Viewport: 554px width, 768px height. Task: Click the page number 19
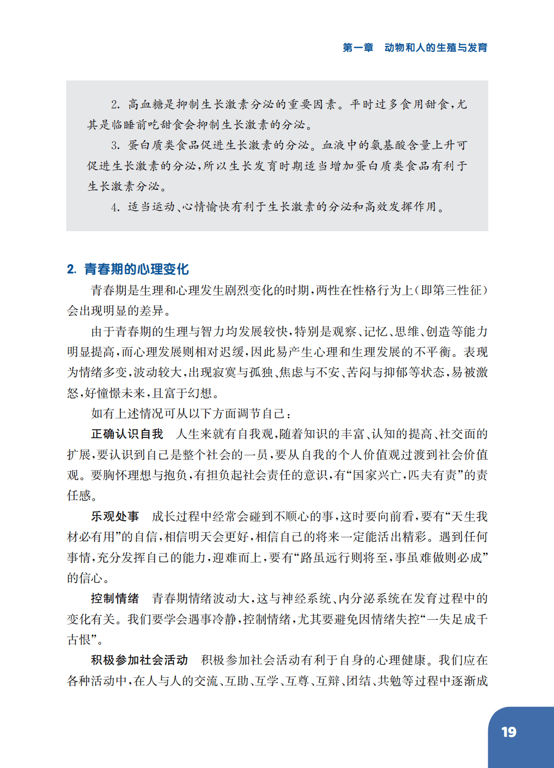click(509, 732)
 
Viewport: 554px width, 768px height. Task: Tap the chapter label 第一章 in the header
click(358, 47)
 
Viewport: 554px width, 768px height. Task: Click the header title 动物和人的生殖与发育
click(436, 47)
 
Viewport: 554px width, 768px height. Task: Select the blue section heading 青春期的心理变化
click(136, 269)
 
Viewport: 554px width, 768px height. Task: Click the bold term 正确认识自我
click(127, 434)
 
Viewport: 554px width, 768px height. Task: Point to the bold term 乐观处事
click(115, 516)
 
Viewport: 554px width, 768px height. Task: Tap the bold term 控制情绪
click(115, 598)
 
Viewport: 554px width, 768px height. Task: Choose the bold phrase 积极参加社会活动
click(140, 660)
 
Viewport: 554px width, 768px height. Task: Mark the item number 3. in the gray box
click(116, 146)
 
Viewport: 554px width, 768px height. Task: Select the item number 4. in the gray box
click(116, 207)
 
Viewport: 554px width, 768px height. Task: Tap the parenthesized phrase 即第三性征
click(451, 290)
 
